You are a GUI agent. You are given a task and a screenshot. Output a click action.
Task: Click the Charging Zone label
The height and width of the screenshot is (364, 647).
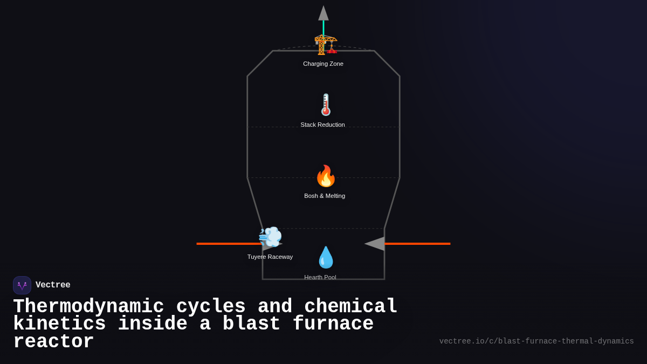(323, 64)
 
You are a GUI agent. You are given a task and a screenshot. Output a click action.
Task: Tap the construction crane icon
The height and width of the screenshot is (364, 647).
(325, 45)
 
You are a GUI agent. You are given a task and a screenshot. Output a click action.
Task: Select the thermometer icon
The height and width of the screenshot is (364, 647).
(326, 105)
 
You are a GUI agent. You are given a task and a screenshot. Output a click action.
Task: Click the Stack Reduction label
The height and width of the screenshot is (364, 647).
(322, 125)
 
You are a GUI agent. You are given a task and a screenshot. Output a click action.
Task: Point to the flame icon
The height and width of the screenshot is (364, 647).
(326, 176)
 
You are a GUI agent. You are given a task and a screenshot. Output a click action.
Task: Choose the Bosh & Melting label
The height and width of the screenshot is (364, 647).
(325, 196)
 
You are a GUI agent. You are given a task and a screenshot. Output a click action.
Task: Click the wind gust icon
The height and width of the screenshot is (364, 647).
(270, 237)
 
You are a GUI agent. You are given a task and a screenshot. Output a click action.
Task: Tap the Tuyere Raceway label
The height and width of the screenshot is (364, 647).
(270, 257)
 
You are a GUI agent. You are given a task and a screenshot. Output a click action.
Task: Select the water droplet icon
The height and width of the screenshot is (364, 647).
(326, 258)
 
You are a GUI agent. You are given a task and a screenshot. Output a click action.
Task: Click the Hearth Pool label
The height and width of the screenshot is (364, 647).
(320, 277)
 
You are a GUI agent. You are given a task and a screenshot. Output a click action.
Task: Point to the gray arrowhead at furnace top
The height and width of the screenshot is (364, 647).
(323, 13)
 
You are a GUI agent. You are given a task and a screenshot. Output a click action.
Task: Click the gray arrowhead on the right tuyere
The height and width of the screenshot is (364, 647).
(375, 244)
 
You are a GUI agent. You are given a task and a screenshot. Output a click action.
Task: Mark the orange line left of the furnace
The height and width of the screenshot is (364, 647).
(226, 244)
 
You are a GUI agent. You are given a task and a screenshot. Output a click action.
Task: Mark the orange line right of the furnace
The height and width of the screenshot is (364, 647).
(418, 244)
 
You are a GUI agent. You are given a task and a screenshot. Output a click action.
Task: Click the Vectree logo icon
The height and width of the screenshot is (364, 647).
(22, 285)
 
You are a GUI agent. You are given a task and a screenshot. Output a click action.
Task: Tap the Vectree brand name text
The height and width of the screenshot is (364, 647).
(53, 285)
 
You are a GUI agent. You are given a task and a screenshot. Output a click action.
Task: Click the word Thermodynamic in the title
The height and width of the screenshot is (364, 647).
(88, 306)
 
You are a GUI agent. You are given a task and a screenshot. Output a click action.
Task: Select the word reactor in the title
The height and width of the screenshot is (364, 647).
(53, 342)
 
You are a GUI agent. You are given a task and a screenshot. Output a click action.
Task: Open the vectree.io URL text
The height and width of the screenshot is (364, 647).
(536, 341)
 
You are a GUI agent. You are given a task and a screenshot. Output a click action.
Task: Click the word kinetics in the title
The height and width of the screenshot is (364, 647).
(59, 324)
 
